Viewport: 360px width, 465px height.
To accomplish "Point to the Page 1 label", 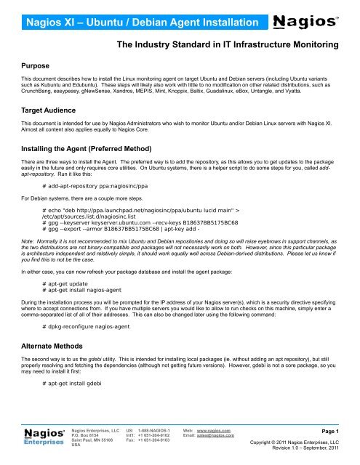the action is tap(335, 433).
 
